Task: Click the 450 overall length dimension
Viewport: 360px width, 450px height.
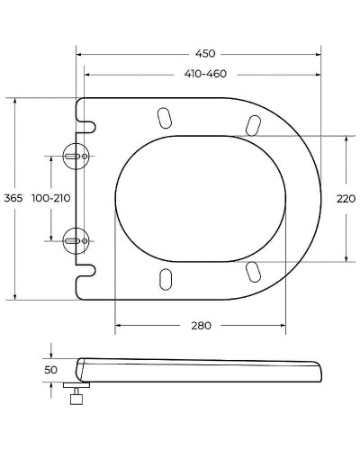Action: click(x=203, y=52)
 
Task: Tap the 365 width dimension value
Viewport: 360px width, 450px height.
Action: click(x=13, y=198)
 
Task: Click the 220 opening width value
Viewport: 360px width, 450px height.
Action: click(x=346, y=199)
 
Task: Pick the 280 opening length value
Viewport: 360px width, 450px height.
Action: click(x=202, y=325)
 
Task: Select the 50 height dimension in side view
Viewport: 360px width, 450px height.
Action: click(x=50, y=370)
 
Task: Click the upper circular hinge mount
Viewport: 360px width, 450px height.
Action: click(x=76, y=156)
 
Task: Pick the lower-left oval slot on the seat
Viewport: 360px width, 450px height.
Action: click(x=166, y=279)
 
